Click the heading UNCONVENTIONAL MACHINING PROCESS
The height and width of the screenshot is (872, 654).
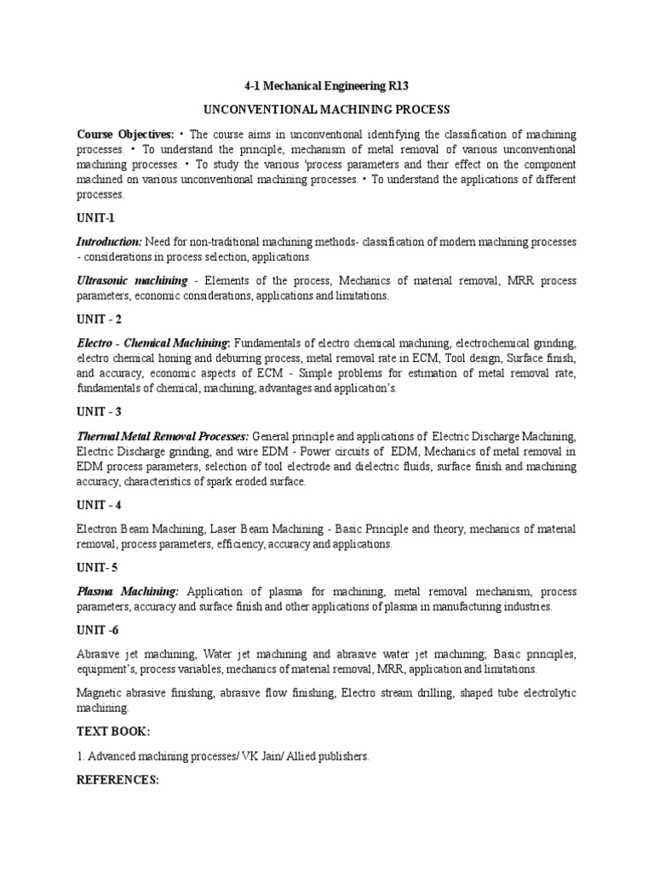point(326,111)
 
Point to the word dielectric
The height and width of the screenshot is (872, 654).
point(383,467)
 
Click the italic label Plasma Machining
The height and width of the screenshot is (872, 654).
point(128,591)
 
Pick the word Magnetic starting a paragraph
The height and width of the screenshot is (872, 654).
point(100,693)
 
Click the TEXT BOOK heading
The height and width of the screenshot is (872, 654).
point(114,731)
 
